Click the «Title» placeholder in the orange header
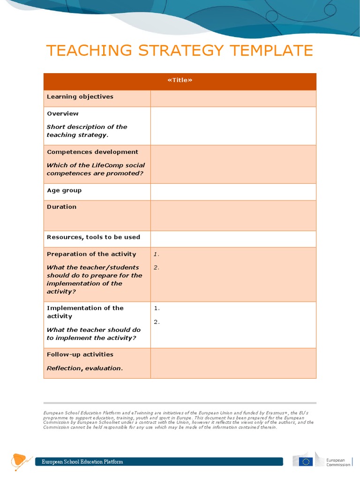coord(180,80)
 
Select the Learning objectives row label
coord(80,97)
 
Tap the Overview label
coord(63,113)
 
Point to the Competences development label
coord(92,152)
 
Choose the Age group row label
coord(65,190)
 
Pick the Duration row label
coord(61,207)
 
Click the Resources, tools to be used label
coord(93,237)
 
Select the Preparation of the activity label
coord(91,254)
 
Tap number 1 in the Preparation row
coord(156,255)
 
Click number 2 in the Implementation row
coord(157,322)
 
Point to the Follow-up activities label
coord(80,354)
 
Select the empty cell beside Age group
coord(233,191)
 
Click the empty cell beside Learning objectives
coord(233,98)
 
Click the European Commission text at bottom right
coord(338,462)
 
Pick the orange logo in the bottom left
coord(20,461)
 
